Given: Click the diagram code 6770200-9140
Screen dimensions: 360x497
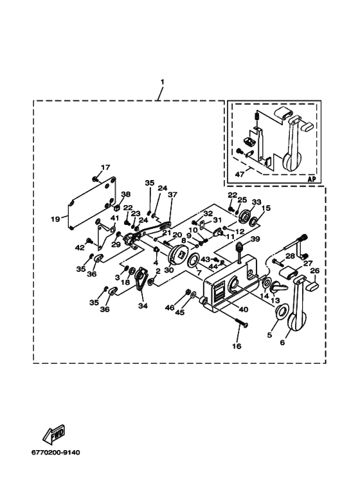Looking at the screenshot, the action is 55,452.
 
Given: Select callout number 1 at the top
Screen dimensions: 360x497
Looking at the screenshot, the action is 162,82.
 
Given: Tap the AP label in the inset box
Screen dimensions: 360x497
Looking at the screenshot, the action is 312,179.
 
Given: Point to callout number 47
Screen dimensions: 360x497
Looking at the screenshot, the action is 240,174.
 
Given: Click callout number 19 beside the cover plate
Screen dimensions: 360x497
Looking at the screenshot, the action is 55,219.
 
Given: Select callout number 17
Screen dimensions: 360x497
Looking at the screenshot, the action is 105,167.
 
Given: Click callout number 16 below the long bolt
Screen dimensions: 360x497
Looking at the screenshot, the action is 237,346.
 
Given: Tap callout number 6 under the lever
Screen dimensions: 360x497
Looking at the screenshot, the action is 282,342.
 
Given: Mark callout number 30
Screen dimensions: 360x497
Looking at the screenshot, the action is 170,271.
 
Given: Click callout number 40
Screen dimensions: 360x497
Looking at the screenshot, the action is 244,309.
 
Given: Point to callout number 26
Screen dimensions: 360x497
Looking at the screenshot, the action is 315,271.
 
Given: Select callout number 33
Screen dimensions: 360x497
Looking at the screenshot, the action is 256,202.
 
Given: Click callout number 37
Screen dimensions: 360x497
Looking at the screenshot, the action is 173,194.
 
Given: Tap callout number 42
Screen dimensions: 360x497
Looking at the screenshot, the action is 80,248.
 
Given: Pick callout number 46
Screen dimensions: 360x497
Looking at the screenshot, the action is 170,307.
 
